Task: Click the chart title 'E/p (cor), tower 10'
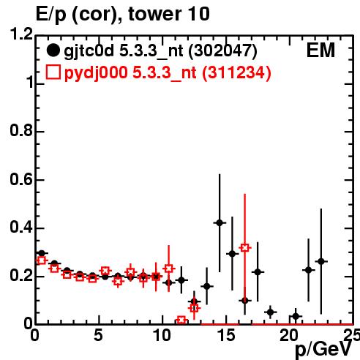(x=123, y=15)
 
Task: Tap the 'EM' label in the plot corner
(x=320, y=50)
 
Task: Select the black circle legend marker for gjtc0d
(x=53, y=50)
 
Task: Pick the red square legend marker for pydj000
(x=53, y=72)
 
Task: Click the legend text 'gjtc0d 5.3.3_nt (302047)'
(x=160, y=51)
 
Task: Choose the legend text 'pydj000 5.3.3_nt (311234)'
(x=168, y=73)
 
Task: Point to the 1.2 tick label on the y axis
(x=21, y=34)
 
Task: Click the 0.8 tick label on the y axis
(x=21, y=130)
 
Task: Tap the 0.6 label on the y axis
(x=21, y=179)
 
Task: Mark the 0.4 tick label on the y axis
(x=21, y=228)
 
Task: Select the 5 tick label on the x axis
(x=98, y=335)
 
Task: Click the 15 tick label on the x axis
(x=226, y=335)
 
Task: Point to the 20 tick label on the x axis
(x=289, y=335)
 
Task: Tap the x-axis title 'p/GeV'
(x=323, y=349)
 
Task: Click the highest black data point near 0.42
(x=220, y=222)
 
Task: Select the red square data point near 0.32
(x=245, y=248)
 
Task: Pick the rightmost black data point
(x=321, y=261)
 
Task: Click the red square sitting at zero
(x=181, y=320)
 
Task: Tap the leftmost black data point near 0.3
(x=42, y=253)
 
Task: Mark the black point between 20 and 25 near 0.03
(x=296, y=316)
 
